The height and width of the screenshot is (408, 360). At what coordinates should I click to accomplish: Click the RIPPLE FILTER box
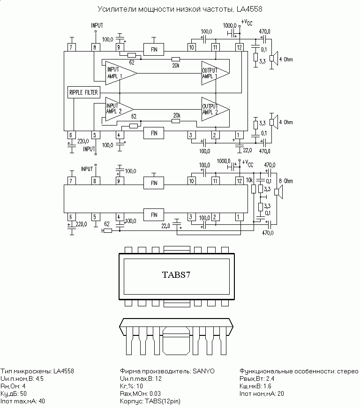click(83, 92)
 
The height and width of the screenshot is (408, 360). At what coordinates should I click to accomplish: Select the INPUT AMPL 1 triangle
click(121, 73)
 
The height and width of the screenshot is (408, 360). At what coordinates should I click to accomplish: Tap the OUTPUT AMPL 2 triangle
click(215, 109)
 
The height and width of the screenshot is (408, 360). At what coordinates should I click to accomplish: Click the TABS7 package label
click(176, 275)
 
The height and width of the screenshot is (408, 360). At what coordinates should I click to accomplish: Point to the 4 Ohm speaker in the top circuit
click(273, 58)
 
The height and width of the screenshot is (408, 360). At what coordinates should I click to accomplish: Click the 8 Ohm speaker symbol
click(278, 192)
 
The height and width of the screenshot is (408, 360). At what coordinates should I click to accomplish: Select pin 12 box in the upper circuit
click(239, 47)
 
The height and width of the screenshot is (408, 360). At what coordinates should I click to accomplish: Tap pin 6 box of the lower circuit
click(71, 217)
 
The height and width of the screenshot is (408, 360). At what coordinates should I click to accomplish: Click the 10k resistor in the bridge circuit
click(253, 189)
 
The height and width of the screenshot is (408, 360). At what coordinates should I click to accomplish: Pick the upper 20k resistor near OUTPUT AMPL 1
click(176, 59)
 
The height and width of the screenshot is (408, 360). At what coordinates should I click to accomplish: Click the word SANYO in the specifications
click(203, 371)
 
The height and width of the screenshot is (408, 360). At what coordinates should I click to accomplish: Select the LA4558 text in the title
click(249, 9)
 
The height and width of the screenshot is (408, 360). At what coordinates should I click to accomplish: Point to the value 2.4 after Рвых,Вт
click(270, 378)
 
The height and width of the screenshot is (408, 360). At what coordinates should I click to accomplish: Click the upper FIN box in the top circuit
click(154, 50)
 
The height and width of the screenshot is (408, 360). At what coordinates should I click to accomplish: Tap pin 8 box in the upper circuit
click(95, 47)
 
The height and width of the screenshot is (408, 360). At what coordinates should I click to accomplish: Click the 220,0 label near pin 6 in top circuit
click(83, 141)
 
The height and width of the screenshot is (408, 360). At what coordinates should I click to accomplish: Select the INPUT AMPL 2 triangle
click(120, 109)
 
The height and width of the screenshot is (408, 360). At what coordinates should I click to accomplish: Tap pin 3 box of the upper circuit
click(191, 135)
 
